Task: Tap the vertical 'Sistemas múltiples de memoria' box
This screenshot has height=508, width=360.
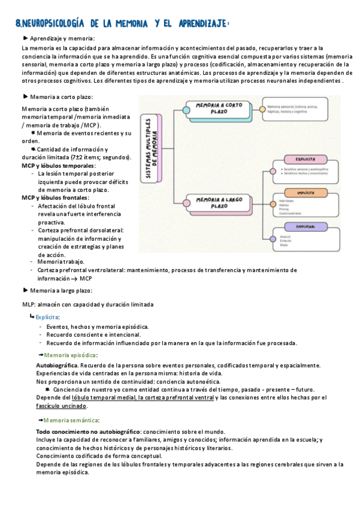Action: (153, 149)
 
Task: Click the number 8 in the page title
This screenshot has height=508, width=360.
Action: (19, 23)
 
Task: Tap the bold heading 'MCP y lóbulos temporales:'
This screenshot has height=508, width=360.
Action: (59, 165)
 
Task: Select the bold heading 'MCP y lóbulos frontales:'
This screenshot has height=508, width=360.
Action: (55, 198)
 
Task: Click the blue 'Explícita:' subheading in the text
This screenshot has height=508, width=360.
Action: (47, 316)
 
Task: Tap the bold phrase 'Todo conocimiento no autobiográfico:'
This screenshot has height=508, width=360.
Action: (88, 431)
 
